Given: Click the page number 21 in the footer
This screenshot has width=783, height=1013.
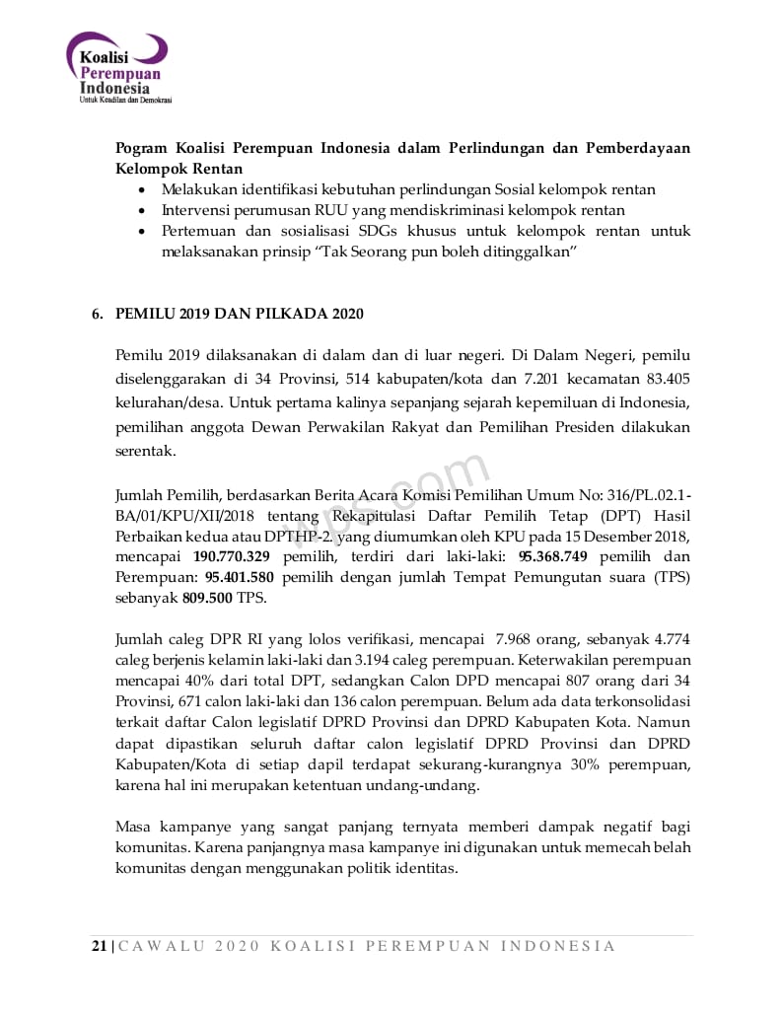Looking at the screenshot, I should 100,947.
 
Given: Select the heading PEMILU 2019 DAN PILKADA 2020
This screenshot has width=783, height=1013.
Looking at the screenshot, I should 240,315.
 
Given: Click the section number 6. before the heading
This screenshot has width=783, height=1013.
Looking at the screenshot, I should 97,315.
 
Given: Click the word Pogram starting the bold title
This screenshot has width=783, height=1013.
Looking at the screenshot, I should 141,148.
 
